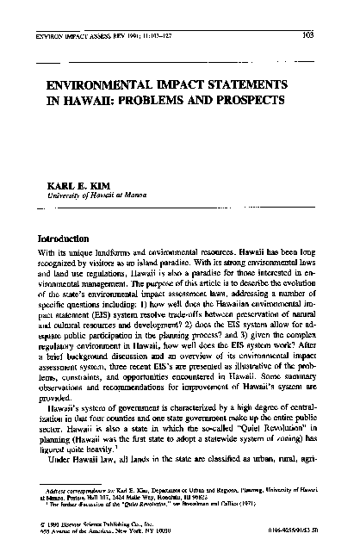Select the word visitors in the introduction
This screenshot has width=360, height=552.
112,267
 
